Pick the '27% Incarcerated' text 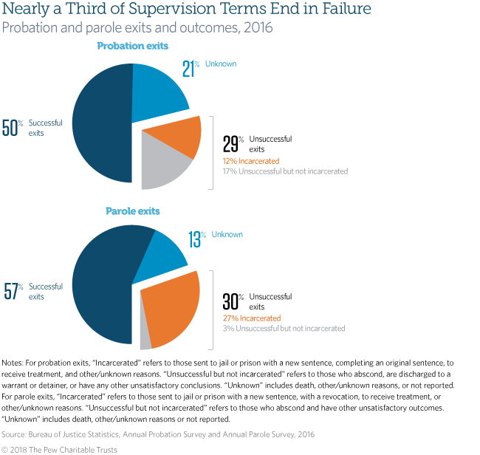tap(252, 318)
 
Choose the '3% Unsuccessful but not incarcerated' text tap(284, 329)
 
